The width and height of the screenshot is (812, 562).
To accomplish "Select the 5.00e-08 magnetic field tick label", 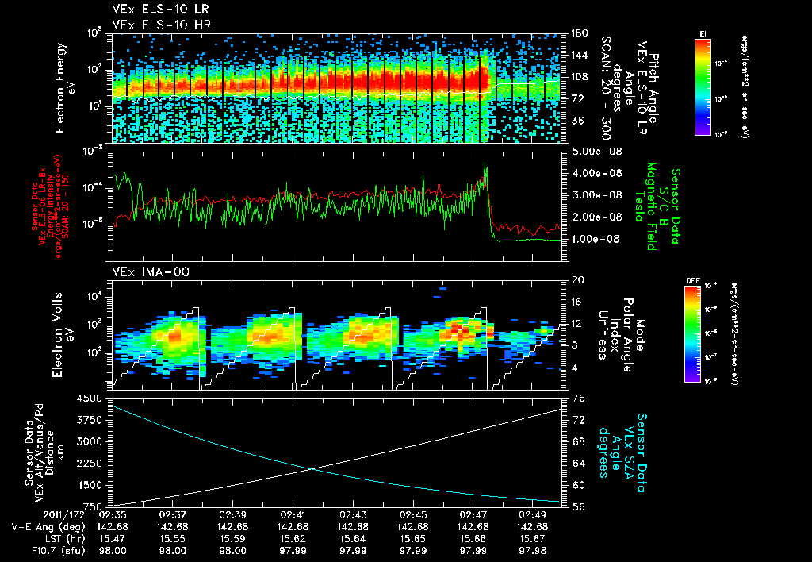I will pyautogui.click(x=593, y=151).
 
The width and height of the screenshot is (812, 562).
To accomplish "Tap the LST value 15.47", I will pyautogui.click(x=113, y=538).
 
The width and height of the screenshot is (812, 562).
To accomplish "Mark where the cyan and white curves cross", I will pyautogui.click(x=312, y=468).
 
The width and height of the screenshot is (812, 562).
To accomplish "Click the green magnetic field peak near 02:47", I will pyautogui.click(x=486, y=165).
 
